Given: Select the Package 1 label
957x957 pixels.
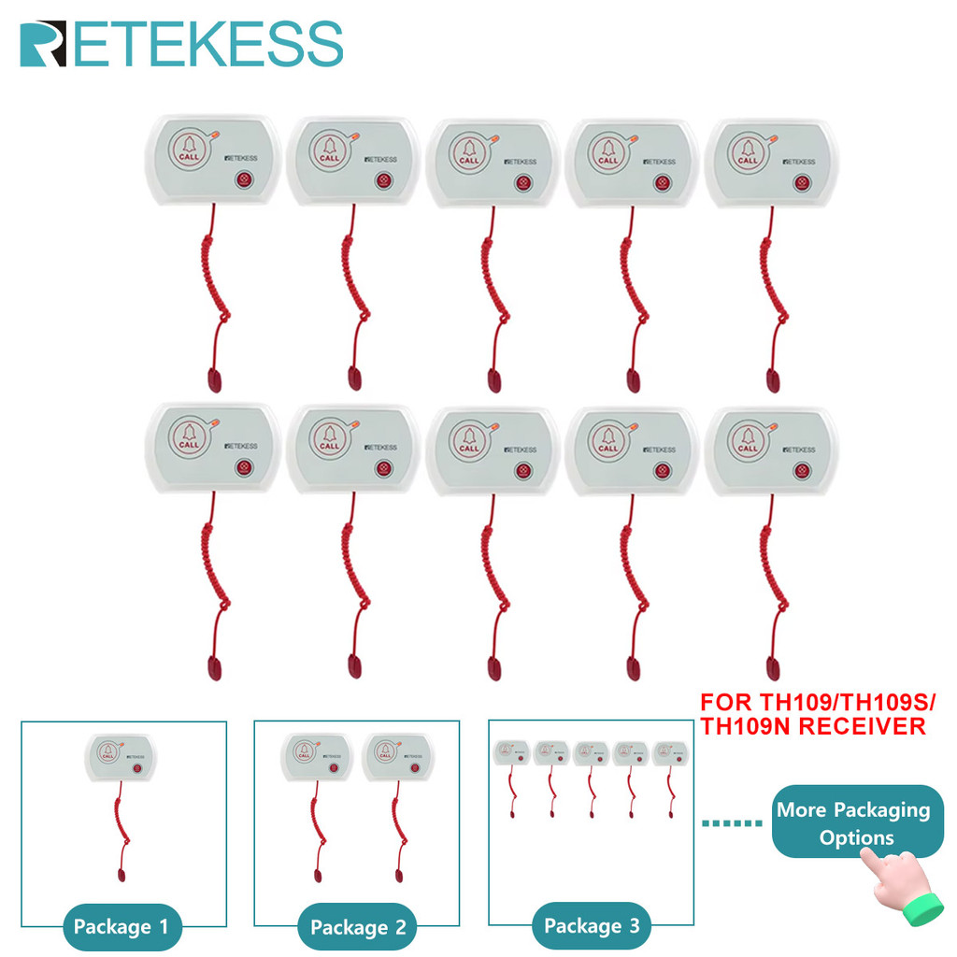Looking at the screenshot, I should pyautogui.click(x=121, y=927).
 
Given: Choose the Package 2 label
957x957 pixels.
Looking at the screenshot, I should pyautogui.click(x=358, y=927).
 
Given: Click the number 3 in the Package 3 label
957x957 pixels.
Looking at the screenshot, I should pyautogui.click(x=635, y=926).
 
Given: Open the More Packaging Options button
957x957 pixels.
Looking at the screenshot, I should pyautogui.click(x=852, y=822).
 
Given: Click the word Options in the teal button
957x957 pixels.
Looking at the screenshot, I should pyautogui.click(x=857, y=837).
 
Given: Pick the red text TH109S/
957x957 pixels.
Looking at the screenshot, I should pyautogui.click(x=896, y=702).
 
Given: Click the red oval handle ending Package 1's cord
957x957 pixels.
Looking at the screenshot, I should pyautogui.click(x=121, y=876).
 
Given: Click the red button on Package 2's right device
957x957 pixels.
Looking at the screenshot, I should pyautogui.click(x=415, y=768).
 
